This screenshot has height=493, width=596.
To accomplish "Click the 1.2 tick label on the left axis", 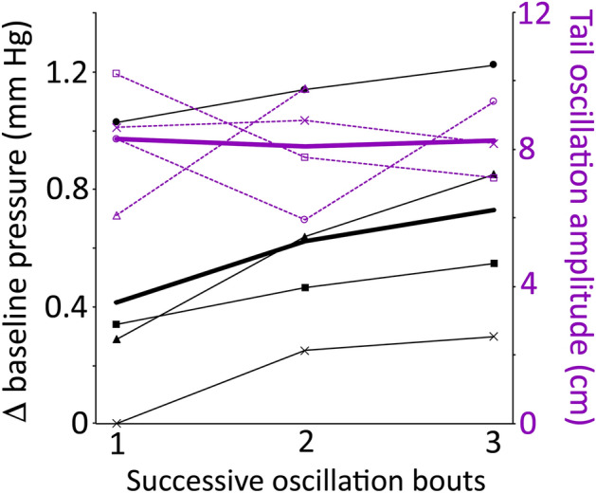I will coord(64,73).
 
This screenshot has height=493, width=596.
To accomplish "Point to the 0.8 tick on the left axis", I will coord(64,190).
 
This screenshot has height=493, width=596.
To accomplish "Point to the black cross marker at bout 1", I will coord(116,423).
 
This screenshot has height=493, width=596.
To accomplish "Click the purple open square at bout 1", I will coord(116,73).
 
